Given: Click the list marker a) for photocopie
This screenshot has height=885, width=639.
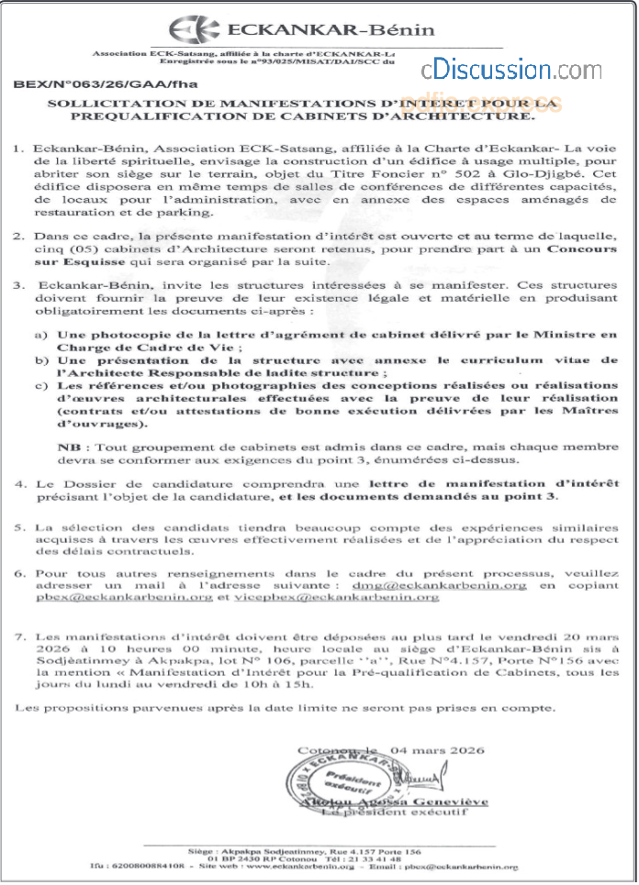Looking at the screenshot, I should pyautogui.click(x=39, y=337).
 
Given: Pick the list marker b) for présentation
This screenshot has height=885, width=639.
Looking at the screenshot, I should pyautogui.click(x=39, y=362).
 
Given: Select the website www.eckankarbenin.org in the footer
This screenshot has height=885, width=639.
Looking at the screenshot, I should pyautogui.click(x=296, y=864).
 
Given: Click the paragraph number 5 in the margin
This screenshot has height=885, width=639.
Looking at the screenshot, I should pyautogui.click(x=20, y=529).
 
